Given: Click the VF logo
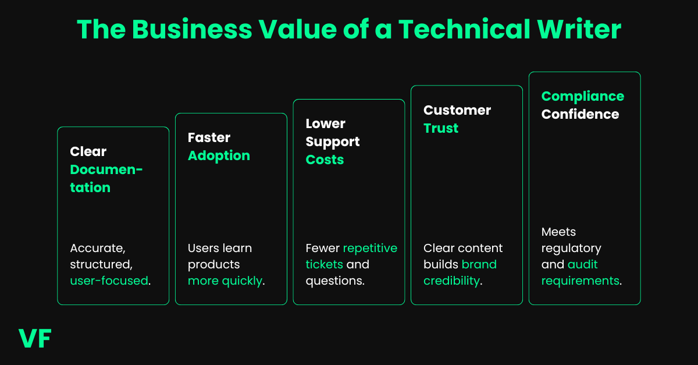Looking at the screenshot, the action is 35,338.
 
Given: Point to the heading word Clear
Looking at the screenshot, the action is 88,151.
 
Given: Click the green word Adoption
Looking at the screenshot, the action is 219,156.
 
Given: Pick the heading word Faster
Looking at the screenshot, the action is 209,138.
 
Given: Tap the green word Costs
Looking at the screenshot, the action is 325,160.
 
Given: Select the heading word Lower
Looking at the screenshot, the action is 326,124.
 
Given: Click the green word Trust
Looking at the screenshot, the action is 441,129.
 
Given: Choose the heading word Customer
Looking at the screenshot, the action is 457,111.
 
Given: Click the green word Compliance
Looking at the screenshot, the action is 582,97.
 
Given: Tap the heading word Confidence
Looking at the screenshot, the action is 580,115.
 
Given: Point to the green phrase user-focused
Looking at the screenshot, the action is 109,281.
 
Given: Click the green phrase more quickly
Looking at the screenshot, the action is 225,281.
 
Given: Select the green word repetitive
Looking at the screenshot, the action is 370,249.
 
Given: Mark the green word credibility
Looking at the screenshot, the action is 451,281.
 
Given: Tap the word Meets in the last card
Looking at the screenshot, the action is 558,232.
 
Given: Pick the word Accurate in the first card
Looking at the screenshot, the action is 96,249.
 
